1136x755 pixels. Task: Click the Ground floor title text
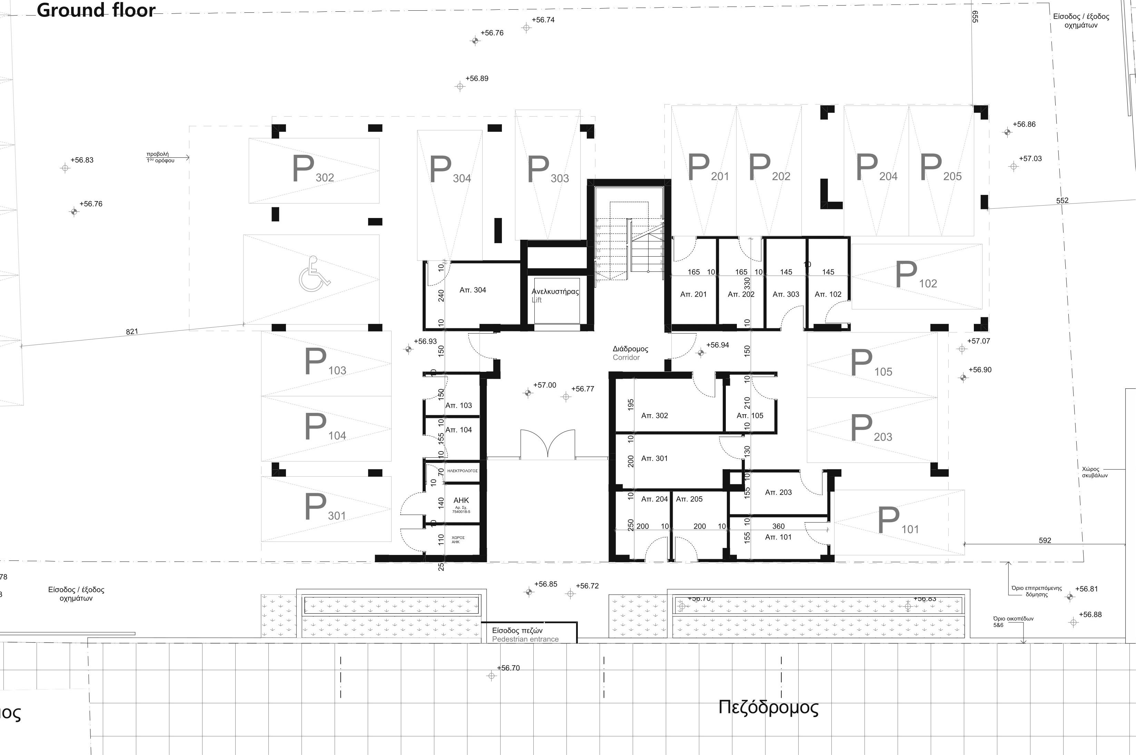[x=96, y=10]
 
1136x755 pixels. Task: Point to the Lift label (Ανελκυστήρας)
[x=555, y=292]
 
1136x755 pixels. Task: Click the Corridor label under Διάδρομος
[x=626, y=358]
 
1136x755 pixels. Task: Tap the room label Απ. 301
[x=654, y=459]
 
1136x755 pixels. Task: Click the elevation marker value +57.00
[x=545, y=385]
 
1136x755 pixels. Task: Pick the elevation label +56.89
[x=477, y=79]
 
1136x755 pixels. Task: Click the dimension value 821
[x=132, y=332]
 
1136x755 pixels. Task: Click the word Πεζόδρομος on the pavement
[x=768, y=707]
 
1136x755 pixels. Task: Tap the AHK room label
[x=461, y=501]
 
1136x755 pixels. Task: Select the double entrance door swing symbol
[x=547, y=444]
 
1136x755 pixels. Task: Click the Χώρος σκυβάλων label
[x=1095, y=472]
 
